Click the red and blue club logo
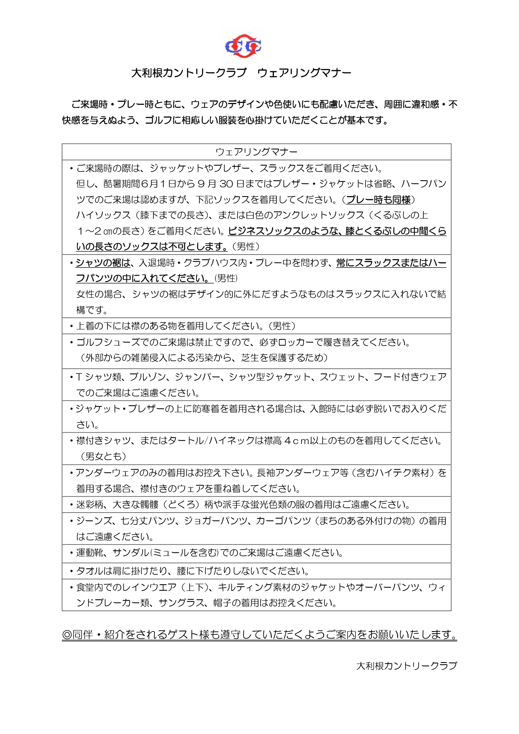pos(243,46)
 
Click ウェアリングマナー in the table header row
pos(256,152)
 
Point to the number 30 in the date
pos(226,184)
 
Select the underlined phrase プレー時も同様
pos(378,200)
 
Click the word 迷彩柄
pos(89,505)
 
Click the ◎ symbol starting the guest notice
pos(67,635)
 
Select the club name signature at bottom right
pos(407,666)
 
